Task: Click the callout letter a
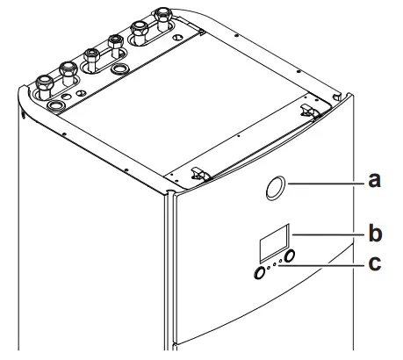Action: pos(375,182)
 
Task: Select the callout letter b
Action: pos(375,234)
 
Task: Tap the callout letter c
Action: pos(375,263)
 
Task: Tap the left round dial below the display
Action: pos(260,273)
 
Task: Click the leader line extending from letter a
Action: pos(329,183)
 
